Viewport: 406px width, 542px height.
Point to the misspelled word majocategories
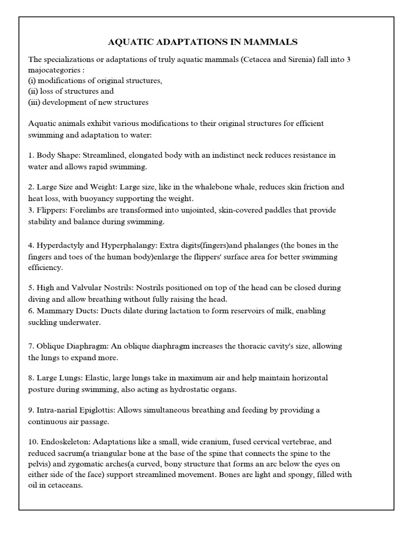53,70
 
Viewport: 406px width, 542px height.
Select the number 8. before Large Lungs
31,378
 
